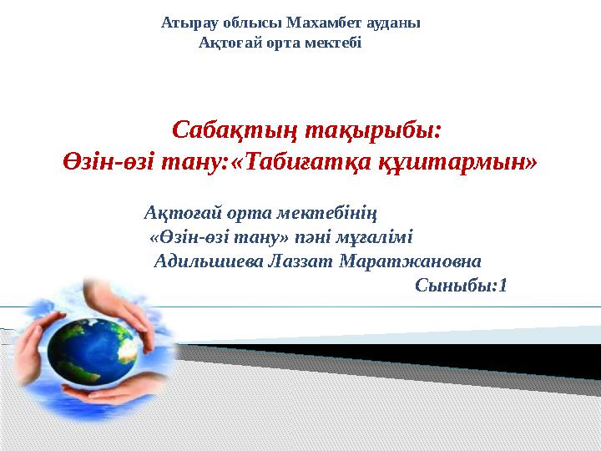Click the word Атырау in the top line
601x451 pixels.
point(184,23)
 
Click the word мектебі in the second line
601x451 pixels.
point(335,43)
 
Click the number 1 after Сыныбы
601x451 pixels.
point(503,286)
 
